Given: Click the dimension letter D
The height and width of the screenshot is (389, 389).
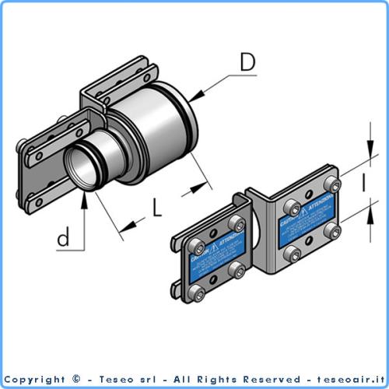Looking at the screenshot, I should coord(247,62).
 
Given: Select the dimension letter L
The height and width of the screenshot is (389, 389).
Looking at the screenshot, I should coord(157,208).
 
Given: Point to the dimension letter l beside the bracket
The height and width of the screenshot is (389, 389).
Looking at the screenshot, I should coord(362,184).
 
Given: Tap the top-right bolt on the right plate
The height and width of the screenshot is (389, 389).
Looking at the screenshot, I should coord(334,184).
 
